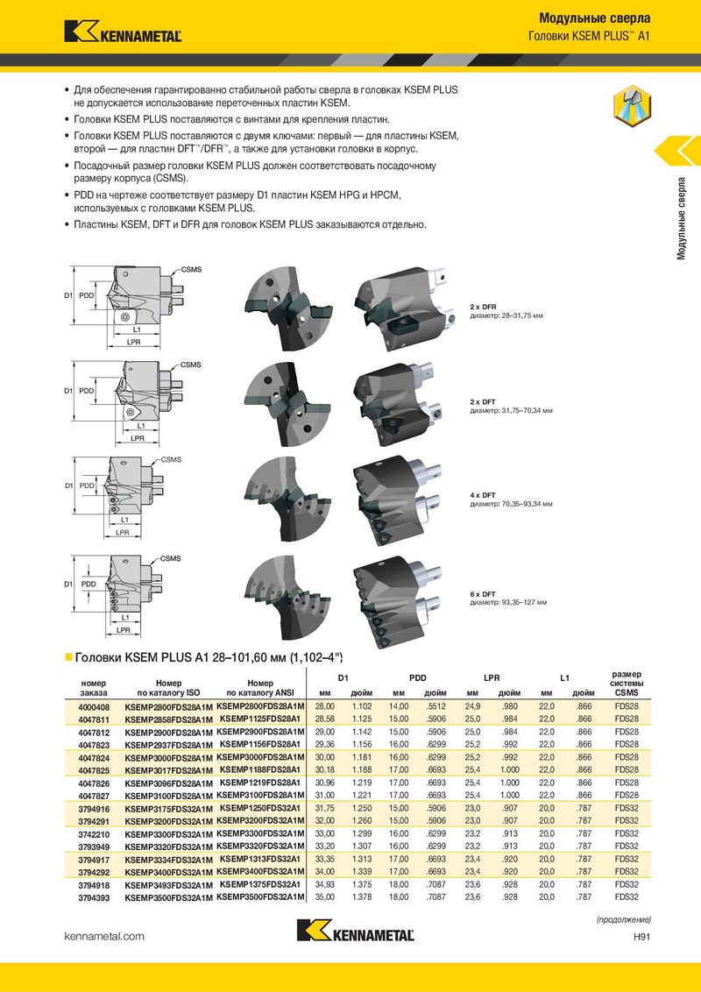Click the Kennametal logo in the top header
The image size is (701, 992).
point(123,32)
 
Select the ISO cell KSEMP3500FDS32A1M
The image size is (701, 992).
point(169,897)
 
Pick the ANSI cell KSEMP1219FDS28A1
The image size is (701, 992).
point(259,782)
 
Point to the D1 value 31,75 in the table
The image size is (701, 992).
point(325,808)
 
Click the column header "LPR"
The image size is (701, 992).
point(492,678)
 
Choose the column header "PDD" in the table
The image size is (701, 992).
point(418,678)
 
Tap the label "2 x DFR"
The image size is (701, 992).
point(483,306)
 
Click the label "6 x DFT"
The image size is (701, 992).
point(483,594)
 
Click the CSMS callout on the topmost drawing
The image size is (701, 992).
point(192,267)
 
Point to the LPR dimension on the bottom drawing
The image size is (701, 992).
point(124,629)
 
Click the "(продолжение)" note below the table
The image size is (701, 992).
point(624,919)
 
